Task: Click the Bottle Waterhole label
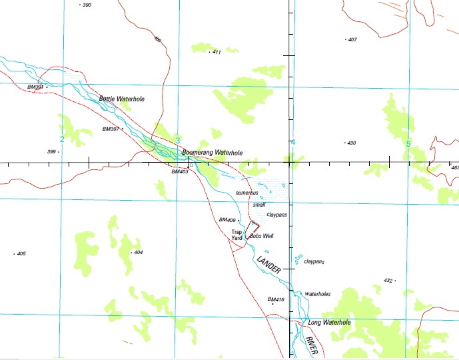121,99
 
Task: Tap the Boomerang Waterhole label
212,153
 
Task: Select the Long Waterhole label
329,323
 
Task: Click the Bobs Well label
261,236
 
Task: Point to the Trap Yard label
236,235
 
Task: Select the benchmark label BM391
35,87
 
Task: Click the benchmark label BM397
111,129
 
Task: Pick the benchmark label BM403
180,171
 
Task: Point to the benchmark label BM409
227,220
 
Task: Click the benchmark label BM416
276,300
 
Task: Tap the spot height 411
216,52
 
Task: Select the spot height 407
352,39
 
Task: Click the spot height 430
351,143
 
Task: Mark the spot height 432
388,281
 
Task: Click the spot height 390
86,5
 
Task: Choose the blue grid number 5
408,143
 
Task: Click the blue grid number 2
62,139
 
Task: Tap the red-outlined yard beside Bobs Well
254,227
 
